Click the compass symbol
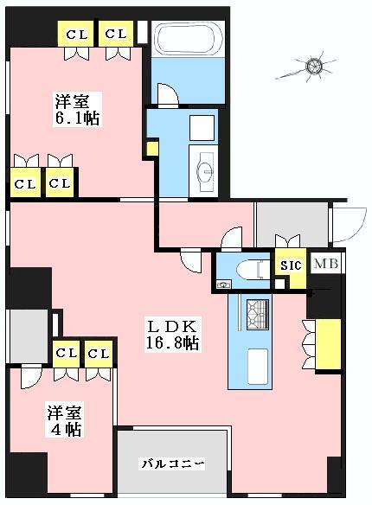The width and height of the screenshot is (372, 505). pos(314,66)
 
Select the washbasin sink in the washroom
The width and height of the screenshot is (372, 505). pos(206,169)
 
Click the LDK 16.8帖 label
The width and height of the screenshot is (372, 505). pos(173,335)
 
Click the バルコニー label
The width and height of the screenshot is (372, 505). pos(173,464)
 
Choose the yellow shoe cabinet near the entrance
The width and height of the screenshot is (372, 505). pos(328,342)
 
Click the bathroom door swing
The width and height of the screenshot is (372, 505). pos(168,93)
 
